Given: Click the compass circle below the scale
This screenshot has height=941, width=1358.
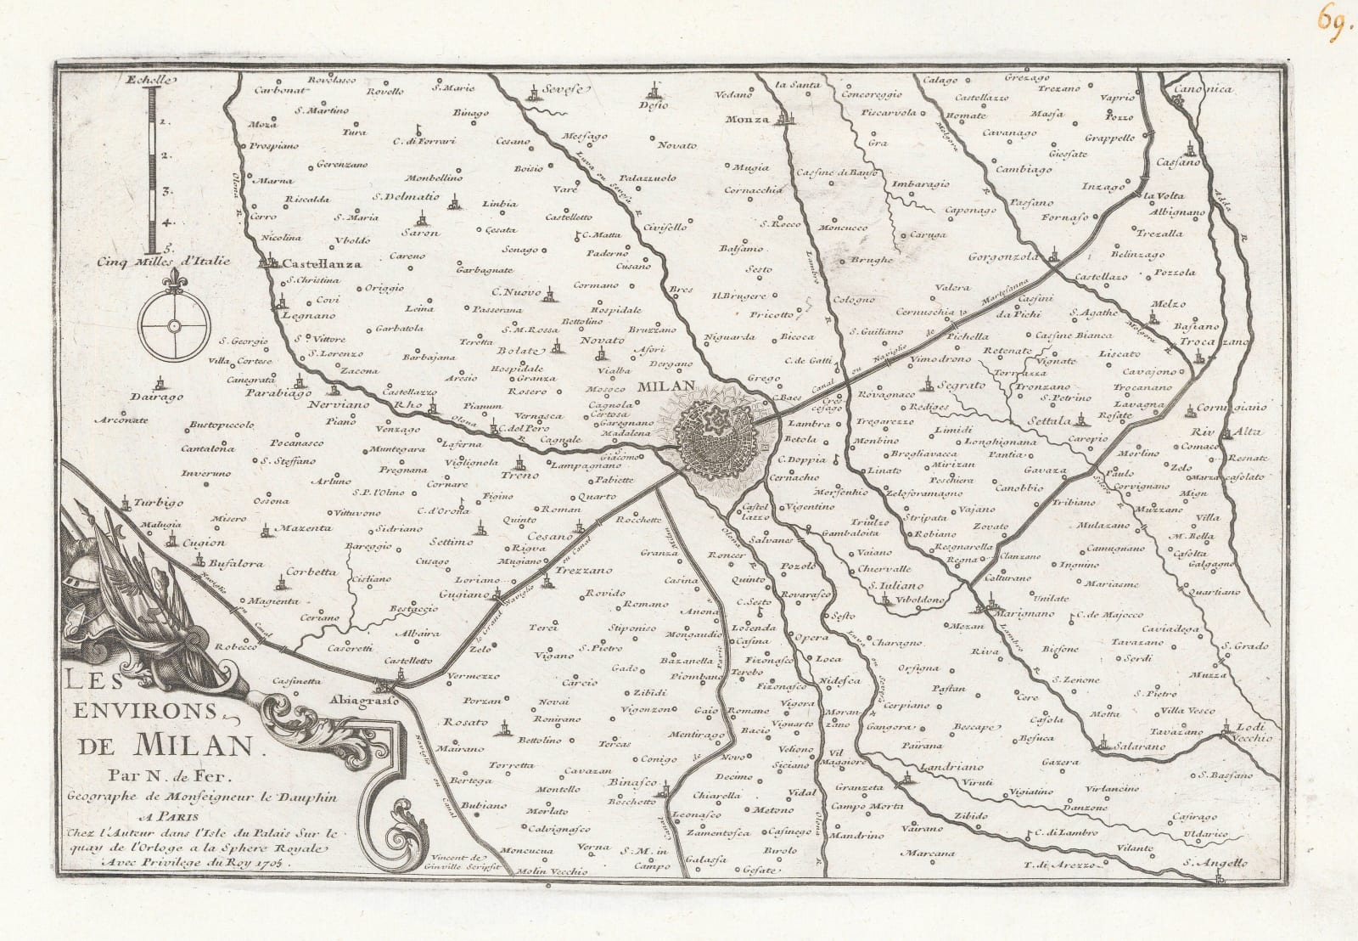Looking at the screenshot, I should click(x=174, y=326).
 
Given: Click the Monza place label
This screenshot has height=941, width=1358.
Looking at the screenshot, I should click(x=747, y=120).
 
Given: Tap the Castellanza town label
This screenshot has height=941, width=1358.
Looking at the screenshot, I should click(x=322, y=264).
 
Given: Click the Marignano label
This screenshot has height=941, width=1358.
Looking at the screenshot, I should click(x=1024, y=613).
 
